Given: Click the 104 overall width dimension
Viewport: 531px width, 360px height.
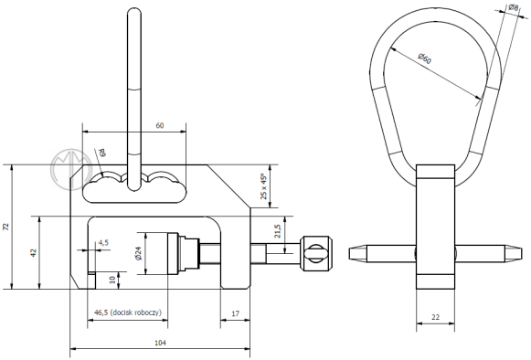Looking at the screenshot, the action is (x=160, y=343).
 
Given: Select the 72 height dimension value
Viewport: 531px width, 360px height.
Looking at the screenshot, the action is (x=6, y=227).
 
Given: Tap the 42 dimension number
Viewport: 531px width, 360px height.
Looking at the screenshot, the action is (x=34, y=253).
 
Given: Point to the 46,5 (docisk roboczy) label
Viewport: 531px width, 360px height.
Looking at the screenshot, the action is (x=128, y=312).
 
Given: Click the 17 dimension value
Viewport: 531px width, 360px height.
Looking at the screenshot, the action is (x=235, y=313).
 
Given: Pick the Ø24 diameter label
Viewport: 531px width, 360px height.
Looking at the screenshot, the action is (x=139, y=253).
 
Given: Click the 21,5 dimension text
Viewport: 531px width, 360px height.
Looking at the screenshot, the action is (x=278, y=231).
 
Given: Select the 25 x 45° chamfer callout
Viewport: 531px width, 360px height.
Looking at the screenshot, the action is (x=264, y=186).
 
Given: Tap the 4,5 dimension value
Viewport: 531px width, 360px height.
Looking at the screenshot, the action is (x=103, y=242).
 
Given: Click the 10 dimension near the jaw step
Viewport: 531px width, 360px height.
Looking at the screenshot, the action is (x=112, y=280).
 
